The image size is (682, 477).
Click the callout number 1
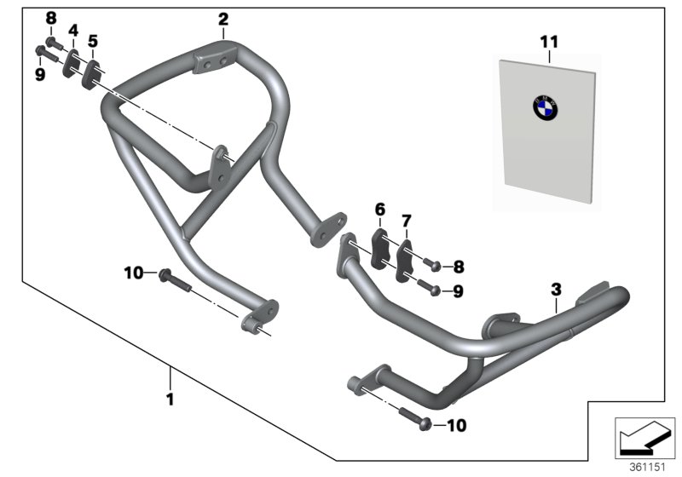click(x=170, y=398)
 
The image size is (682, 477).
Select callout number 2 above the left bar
click(x=223, y=18)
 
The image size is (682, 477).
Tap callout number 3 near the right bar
click(x=555, y=290)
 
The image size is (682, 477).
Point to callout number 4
click(x=73, y=32)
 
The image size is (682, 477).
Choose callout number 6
click(x=380, y=209)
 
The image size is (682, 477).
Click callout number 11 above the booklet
click(x=550, y=40)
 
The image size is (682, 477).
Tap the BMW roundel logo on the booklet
click(x=545, y=108)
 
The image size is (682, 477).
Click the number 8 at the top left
click(x=50, y=18)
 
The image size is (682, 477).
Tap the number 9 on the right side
click(x=458, y=291)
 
